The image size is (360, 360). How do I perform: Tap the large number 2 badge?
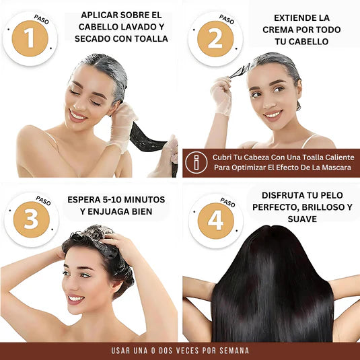click(215, 38)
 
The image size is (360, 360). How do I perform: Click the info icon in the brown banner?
click(196, 162)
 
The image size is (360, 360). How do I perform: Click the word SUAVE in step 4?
click(301, 219)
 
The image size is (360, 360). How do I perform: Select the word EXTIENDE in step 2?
click(283, 17)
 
